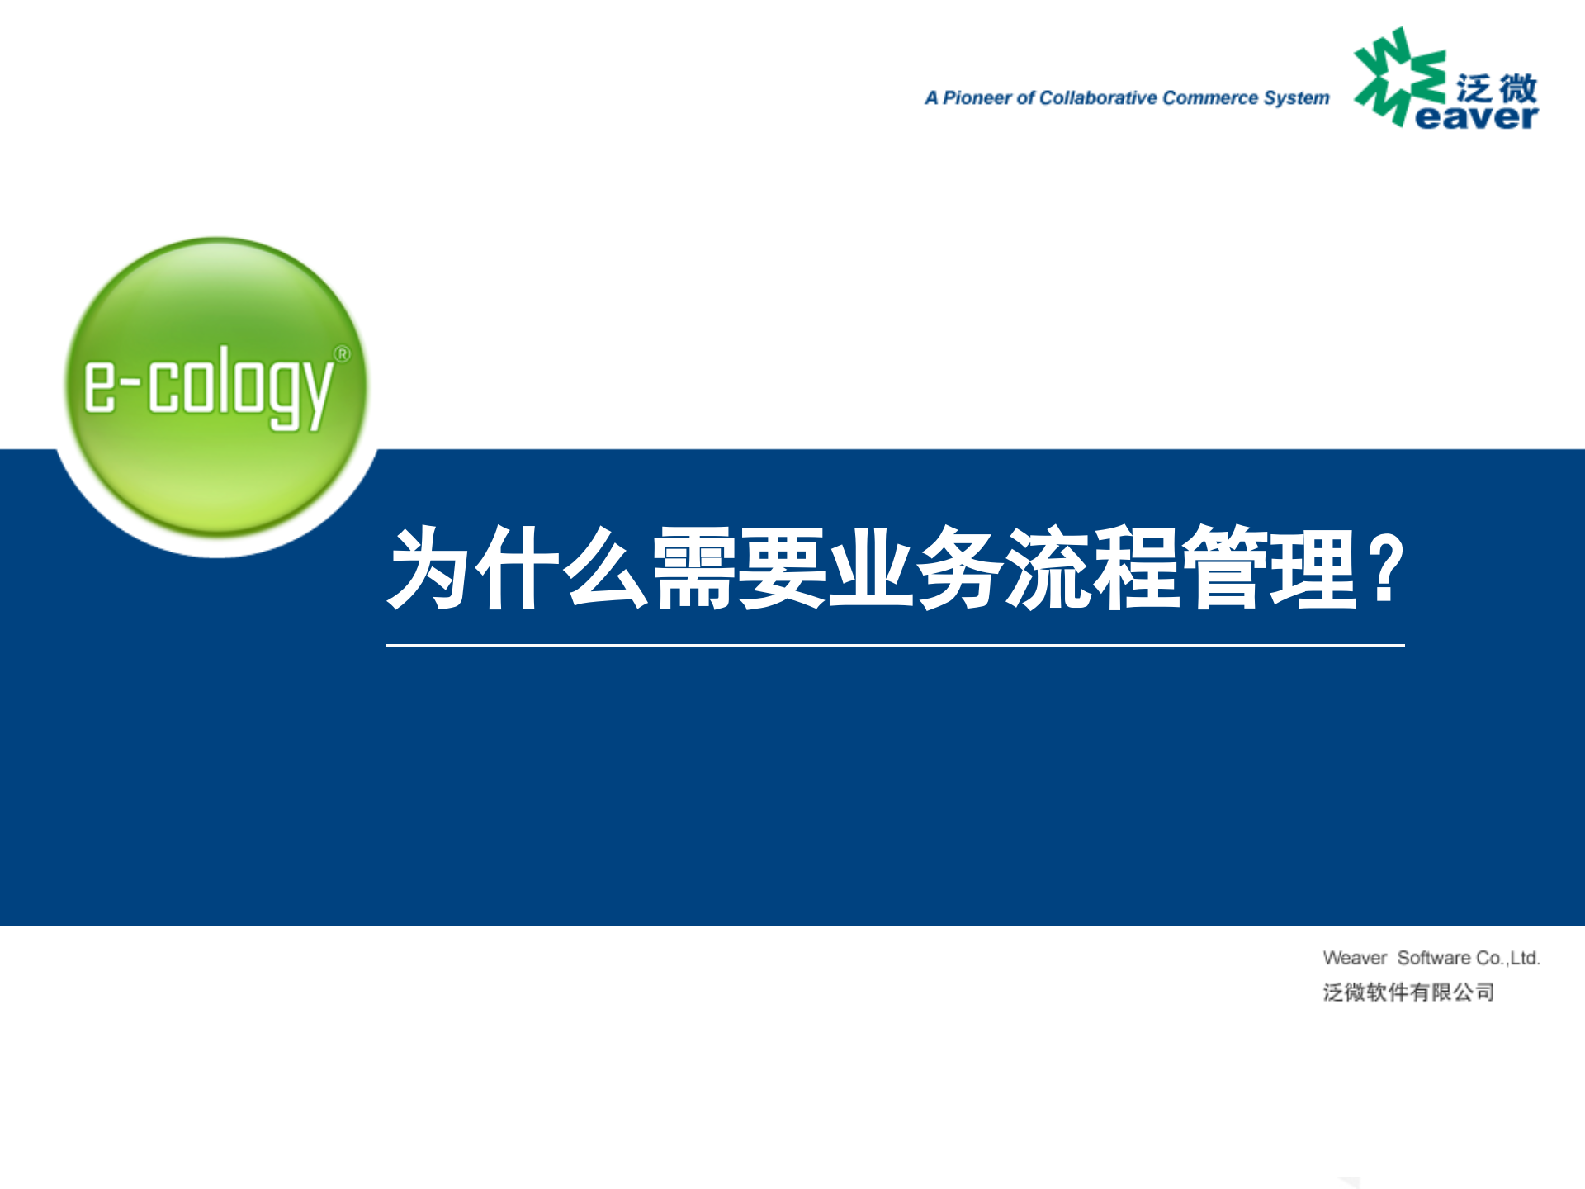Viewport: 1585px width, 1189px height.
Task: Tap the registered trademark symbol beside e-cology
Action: [341, 354]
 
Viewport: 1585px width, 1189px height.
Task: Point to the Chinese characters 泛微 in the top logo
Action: [1496, 88]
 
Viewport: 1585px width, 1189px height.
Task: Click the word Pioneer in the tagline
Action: [977, 98]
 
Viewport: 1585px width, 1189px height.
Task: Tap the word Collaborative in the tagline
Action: [1098, 98]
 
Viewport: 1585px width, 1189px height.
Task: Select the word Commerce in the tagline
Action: [1209, 98]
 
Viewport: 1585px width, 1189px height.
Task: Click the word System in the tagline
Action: [1296, 98]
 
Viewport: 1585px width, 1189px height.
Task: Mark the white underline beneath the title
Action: [895, 645]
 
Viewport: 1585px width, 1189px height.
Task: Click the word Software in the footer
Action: [1434, 958]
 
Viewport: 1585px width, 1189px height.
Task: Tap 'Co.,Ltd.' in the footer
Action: [1508, 958]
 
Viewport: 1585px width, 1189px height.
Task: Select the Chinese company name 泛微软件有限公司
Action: [1408, 992]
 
